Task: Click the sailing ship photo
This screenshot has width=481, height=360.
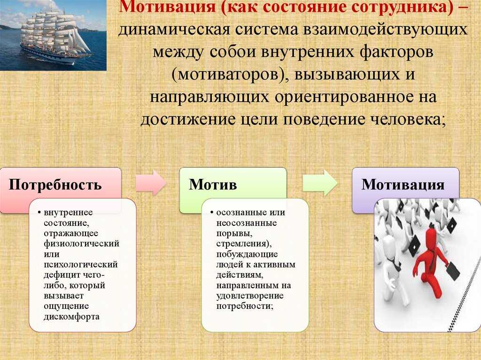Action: (53, 35)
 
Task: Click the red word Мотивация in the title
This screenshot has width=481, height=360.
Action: (168, 7)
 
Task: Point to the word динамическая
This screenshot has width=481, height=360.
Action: (174, 30)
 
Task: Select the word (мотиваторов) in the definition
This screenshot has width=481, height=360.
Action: (229, 75)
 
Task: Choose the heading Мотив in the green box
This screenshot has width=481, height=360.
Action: (213, 184)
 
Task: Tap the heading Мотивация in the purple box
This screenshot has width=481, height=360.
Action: (403, 185)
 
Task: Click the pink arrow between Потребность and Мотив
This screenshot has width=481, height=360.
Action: (151, 183)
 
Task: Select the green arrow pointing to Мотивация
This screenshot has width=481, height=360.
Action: (320, 183)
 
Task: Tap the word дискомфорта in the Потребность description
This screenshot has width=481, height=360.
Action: (71, 317)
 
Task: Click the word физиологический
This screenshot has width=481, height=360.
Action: (81, 244)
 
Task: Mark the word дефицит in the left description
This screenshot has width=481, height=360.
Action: (62, 275)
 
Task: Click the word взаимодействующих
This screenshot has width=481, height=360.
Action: (385, 30)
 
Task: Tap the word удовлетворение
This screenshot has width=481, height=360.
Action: (250, 296)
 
